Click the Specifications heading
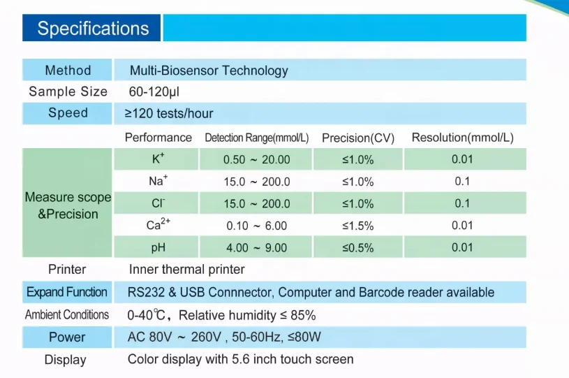(93, 29)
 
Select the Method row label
(68, 70)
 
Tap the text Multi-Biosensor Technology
(209, 70)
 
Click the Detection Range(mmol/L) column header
(256, 138)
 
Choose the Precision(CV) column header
(358, 138)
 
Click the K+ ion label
(158, 159)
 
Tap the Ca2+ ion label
(156, 225)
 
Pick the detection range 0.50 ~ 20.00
(256, 159)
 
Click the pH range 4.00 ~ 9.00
(256, 247)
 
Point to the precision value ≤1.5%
(357, 226)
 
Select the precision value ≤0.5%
(357, 247)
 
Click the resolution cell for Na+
(462, 182)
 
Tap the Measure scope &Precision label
(68, 205)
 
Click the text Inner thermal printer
(186, 269)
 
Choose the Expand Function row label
(67, 292)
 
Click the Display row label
(66, 360)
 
